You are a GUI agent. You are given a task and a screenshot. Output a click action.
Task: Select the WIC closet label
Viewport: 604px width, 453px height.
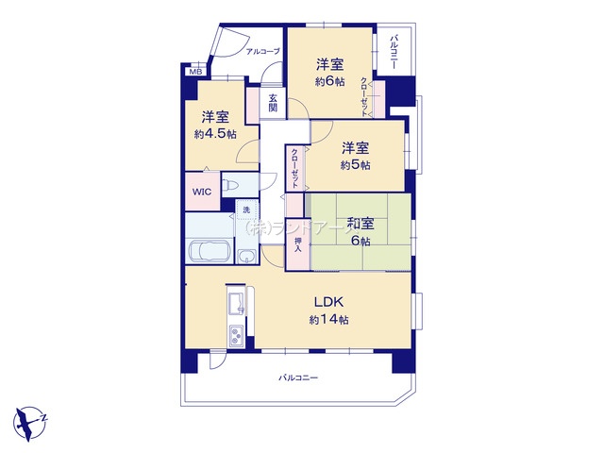point(202,192)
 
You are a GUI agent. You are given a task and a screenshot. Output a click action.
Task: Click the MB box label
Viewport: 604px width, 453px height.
point(195,72)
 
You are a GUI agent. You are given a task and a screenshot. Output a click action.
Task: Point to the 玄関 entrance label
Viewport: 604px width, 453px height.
point(272,104)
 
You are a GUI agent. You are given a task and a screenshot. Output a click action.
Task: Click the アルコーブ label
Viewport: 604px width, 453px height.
point(262,51)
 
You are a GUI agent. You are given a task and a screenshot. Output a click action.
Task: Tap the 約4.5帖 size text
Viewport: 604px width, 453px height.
point(213,134)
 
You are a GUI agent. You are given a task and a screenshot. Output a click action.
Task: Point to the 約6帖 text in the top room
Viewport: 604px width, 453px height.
point(329,81)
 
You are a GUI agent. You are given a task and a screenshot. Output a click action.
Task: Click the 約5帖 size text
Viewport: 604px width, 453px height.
point(355,165)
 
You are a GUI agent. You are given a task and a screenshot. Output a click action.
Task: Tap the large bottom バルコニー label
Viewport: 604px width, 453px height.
point(298,378)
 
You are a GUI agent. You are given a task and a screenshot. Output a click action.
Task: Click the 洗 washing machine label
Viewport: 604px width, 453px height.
point(245,209)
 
